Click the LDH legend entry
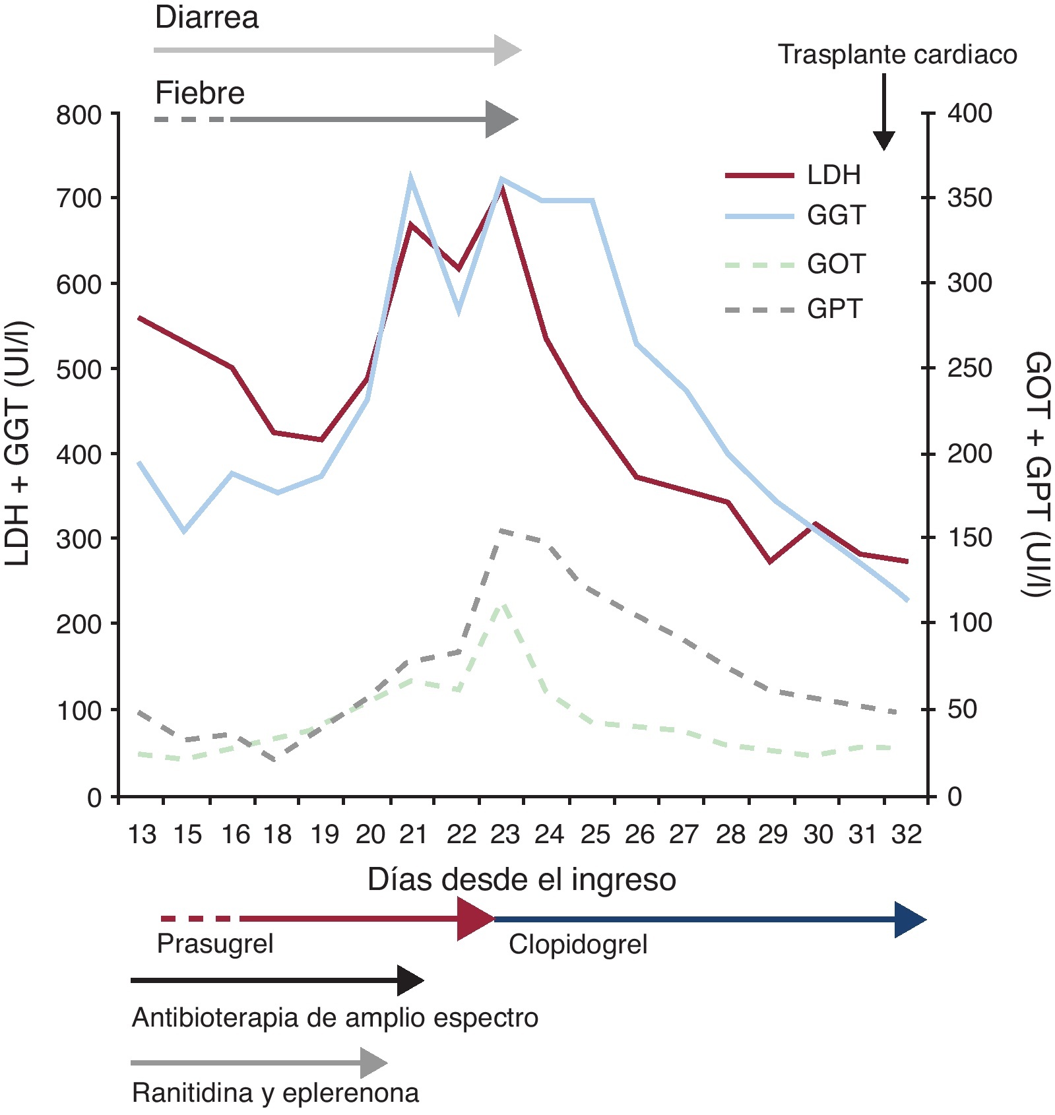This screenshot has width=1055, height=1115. point(834,175)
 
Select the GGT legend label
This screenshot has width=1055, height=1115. point(836,216)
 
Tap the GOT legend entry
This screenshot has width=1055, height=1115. point(836,265)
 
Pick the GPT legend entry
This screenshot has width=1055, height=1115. point(835,309)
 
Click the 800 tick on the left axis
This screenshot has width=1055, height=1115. point(79,115)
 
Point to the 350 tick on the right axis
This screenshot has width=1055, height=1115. point(969,198)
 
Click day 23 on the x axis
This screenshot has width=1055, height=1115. point(505,835)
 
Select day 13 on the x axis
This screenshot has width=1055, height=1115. point(142,835)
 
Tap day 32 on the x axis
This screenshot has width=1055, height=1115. point(906,835)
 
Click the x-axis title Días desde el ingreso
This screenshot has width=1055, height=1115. point(521,879)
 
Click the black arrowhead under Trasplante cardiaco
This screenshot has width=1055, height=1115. point(883,140)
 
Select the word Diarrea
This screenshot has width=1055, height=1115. point(207,17)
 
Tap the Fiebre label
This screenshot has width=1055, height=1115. point(200,93)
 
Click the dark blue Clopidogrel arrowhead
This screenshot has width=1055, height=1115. point(910,919)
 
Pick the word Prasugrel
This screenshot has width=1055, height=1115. point(215,943)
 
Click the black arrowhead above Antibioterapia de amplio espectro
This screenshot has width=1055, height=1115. point(410,980)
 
